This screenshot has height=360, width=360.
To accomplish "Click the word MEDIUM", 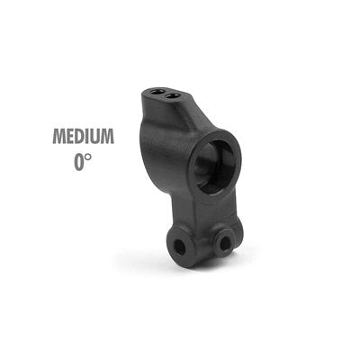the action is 84,136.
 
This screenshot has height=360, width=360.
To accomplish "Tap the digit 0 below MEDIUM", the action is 79,162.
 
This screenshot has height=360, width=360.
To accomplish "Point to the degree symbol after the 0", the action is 88,157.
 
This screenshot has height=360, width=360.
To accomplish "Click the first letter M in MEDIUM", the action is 59,136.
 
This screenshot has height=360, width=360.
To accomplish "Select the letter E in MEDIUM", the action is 72,136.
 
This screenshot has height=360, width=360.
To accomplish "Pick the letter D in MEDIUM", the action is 83,136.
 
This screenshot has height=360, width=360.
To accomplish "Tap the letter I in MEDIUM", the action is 92,136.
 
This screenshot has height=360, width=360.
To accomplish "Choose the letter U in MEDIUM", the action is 100,136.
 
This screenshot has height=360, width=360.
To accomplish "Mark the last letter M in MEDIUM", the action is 110,136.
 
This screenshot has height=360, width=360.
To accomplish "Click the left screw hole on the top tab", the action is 157,91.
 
